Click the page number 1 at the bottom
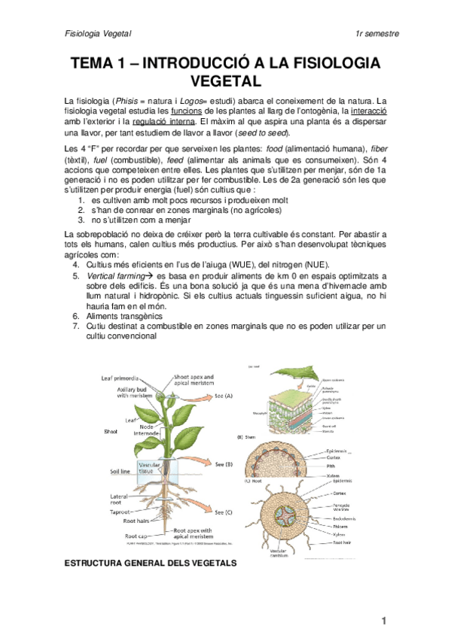click(384, 620)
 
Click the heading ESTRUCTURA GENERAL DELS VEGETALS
click(150, 563)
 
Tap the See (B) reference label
click(224, 463)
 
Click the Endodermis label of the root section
click(347, 518)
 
